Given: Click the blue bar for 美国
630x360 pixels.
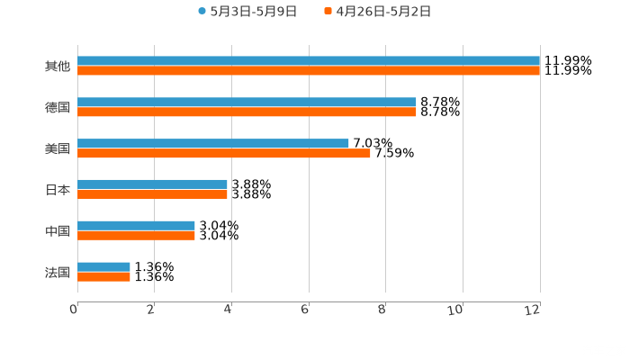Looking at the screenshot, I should (213, 143).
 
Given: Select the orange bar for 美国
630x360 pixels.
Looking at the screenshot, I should (224, 153).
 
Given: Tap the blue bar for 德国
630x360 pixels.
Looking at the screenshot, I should (247, 102).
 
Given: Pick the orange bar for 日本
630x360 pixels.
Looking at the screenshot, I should (152, 193).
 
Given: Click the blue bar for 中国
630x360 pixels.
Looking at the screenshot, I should (136, 225).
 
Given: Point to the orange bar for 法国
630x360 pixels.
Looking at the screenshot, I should (103, 276).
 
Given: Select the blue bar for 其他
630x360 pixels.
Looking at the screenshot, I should (309, 60).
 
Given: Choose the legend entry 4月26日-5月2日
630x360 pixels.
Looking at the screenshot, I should (383, 12).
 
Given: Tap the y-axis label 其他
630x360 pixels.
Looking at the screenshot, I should (57, 67).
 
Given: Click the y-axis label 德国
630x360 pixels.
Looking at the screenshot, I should (57, 107).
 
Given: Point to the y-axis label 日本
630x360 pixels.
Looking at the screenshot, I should (57, 190).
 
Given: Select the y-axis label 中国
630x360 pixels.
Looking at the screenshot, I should (57, 231).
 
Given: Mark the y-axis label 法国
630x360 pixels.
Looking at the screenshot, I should (57, 272).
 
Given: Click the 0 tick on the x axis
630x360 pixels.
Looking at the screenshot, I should (74, 310).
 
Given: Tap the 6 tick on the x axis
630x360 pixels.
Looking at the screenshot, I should (305, 310).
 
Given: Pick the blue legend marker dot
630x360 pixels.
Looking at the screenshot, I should (202, 12).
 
